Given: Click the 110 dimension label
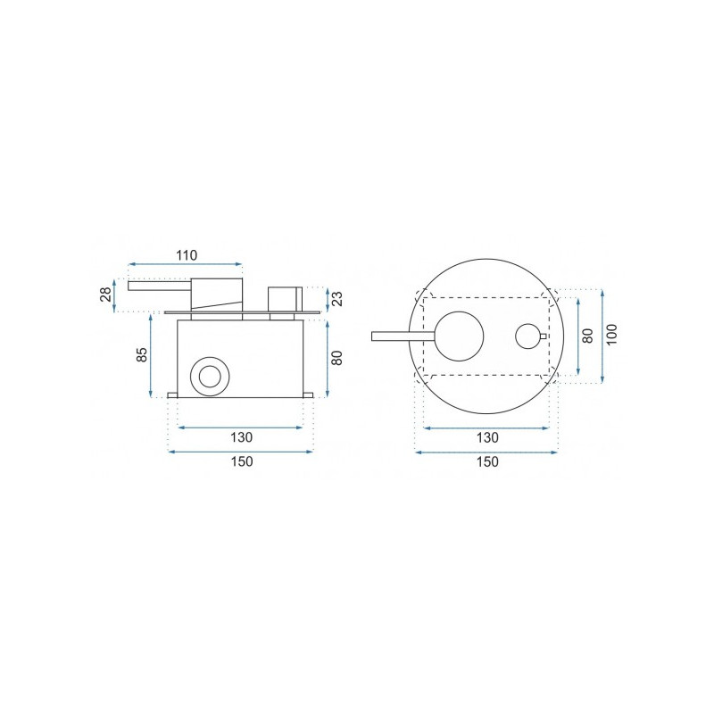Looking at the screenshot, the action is coord(187,255).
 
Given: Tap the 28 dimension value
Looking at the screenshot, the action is coord(105,295).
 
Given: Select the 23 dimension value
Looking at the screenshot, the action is coord(337,299).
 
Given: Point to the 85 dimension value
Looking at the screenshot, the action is coord(142,354).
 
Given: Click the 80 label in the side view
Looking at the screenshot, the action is coord(337,358).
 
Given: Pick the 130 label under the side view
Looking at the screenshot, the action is coord(241,437).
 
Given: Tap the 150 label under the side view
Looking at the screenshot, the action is coord(241,461).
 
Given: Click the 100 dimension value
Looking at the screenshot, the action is coord(612,334).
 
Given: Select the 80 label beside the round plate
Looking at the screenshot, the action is coord(588,336).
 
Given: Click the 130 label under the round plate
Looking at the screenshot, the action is coord(487,438).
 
